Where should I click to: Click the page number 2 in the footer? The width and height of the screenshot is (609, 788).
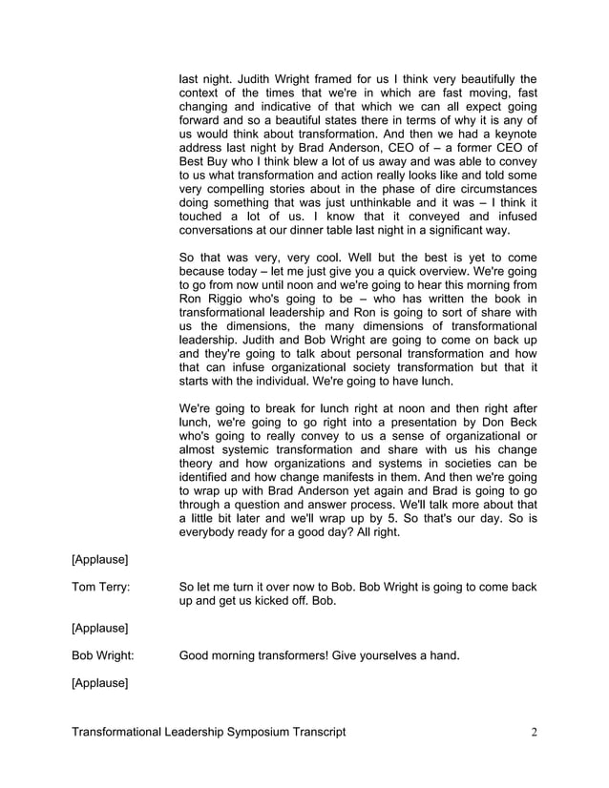pos(535,733)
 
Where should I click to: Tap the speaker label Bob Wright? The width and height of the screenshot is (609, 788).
pos(102,655)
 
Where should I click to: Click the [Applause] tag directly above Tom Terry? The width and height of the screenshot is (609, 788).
pos(100,558)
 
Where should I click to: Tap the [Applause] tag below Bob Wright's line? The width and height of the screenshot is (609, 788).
pos(100,683)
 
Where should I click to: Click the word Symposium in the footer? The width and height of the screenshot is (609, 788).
pos(261,733)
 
